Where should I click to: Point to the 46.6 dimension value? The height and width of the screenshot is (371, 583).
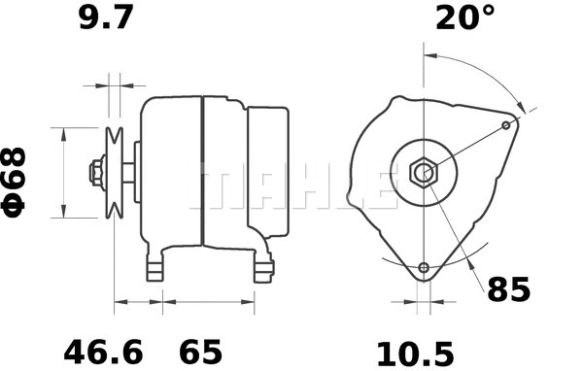[x=100, y=348]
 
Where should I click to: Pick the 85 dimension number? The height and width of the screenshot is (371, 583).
[x=508, y=288]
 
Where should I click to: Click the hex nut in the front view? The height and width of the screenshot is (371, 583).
[x=424, y=174]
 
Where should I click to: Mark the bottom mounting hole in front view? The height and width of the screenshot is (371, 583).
[x=424, y=268]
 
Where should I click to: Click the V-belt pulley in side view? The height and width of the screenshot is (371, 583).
[x=115, y=173]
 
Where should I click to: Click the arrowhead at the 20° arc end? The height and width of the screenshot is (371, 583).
[x=525, y=109]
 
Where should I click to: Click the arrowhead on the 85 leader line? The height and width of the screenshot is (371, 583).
[x=465, y=261]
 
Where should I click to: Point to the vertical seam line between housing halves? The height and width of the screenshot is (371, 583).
[x=202, y=173]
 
